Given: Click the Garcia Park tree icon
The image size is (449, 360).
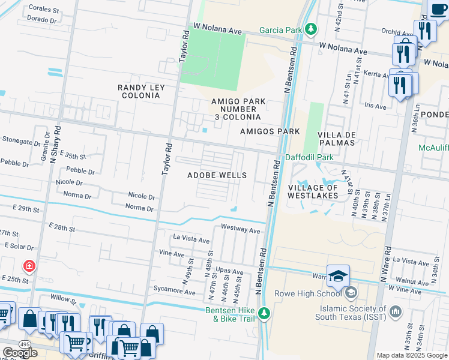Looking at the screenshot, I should [x=310, y=29].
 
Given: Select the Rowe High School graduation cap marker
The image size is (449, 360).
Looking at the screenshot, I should [x=338, y=275].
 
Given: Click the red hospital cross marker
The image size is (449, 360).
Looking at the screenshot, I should [x=28, y=265].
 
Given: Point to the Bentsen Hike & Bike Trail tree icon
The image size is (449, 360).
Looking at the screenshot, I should [x=264, y=313].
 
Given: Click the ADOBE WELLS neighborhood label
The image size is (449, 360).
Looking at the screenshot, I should [x=217, y=175].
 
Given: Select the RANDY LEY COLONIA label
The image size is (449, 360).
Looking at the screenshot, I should [x=140, y=92].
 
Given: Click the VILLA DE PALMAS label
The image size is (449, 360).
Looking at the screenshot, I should [x=336, y=139].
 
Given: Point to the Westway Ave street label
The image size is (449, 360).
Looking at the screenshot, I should [x=240, y=229].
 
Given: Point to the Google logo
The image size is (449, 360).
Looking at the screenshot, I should [x=20, y=352].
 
